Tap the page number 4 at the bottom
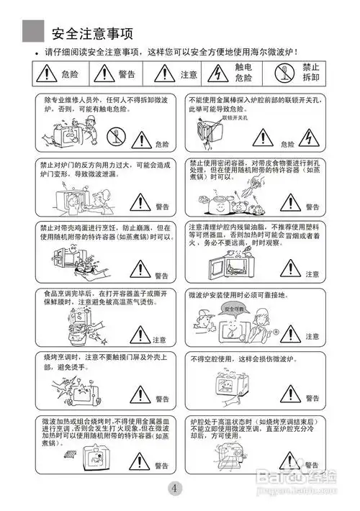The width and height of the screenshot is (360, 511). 176,489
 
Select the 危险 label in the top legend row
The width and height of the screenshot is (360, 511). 71,74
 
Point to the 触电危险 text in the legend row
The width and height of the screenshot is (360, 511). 244,73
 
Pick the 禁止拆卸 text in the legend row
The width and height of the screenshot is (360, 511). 310,72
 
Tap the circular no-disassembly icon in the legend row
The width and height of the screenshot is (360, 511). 281,73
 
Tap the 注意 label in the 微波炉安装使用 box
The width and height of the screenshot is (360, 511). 312,336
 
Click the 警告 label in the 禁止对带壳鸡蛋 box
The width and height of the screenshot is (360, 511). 162,276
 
